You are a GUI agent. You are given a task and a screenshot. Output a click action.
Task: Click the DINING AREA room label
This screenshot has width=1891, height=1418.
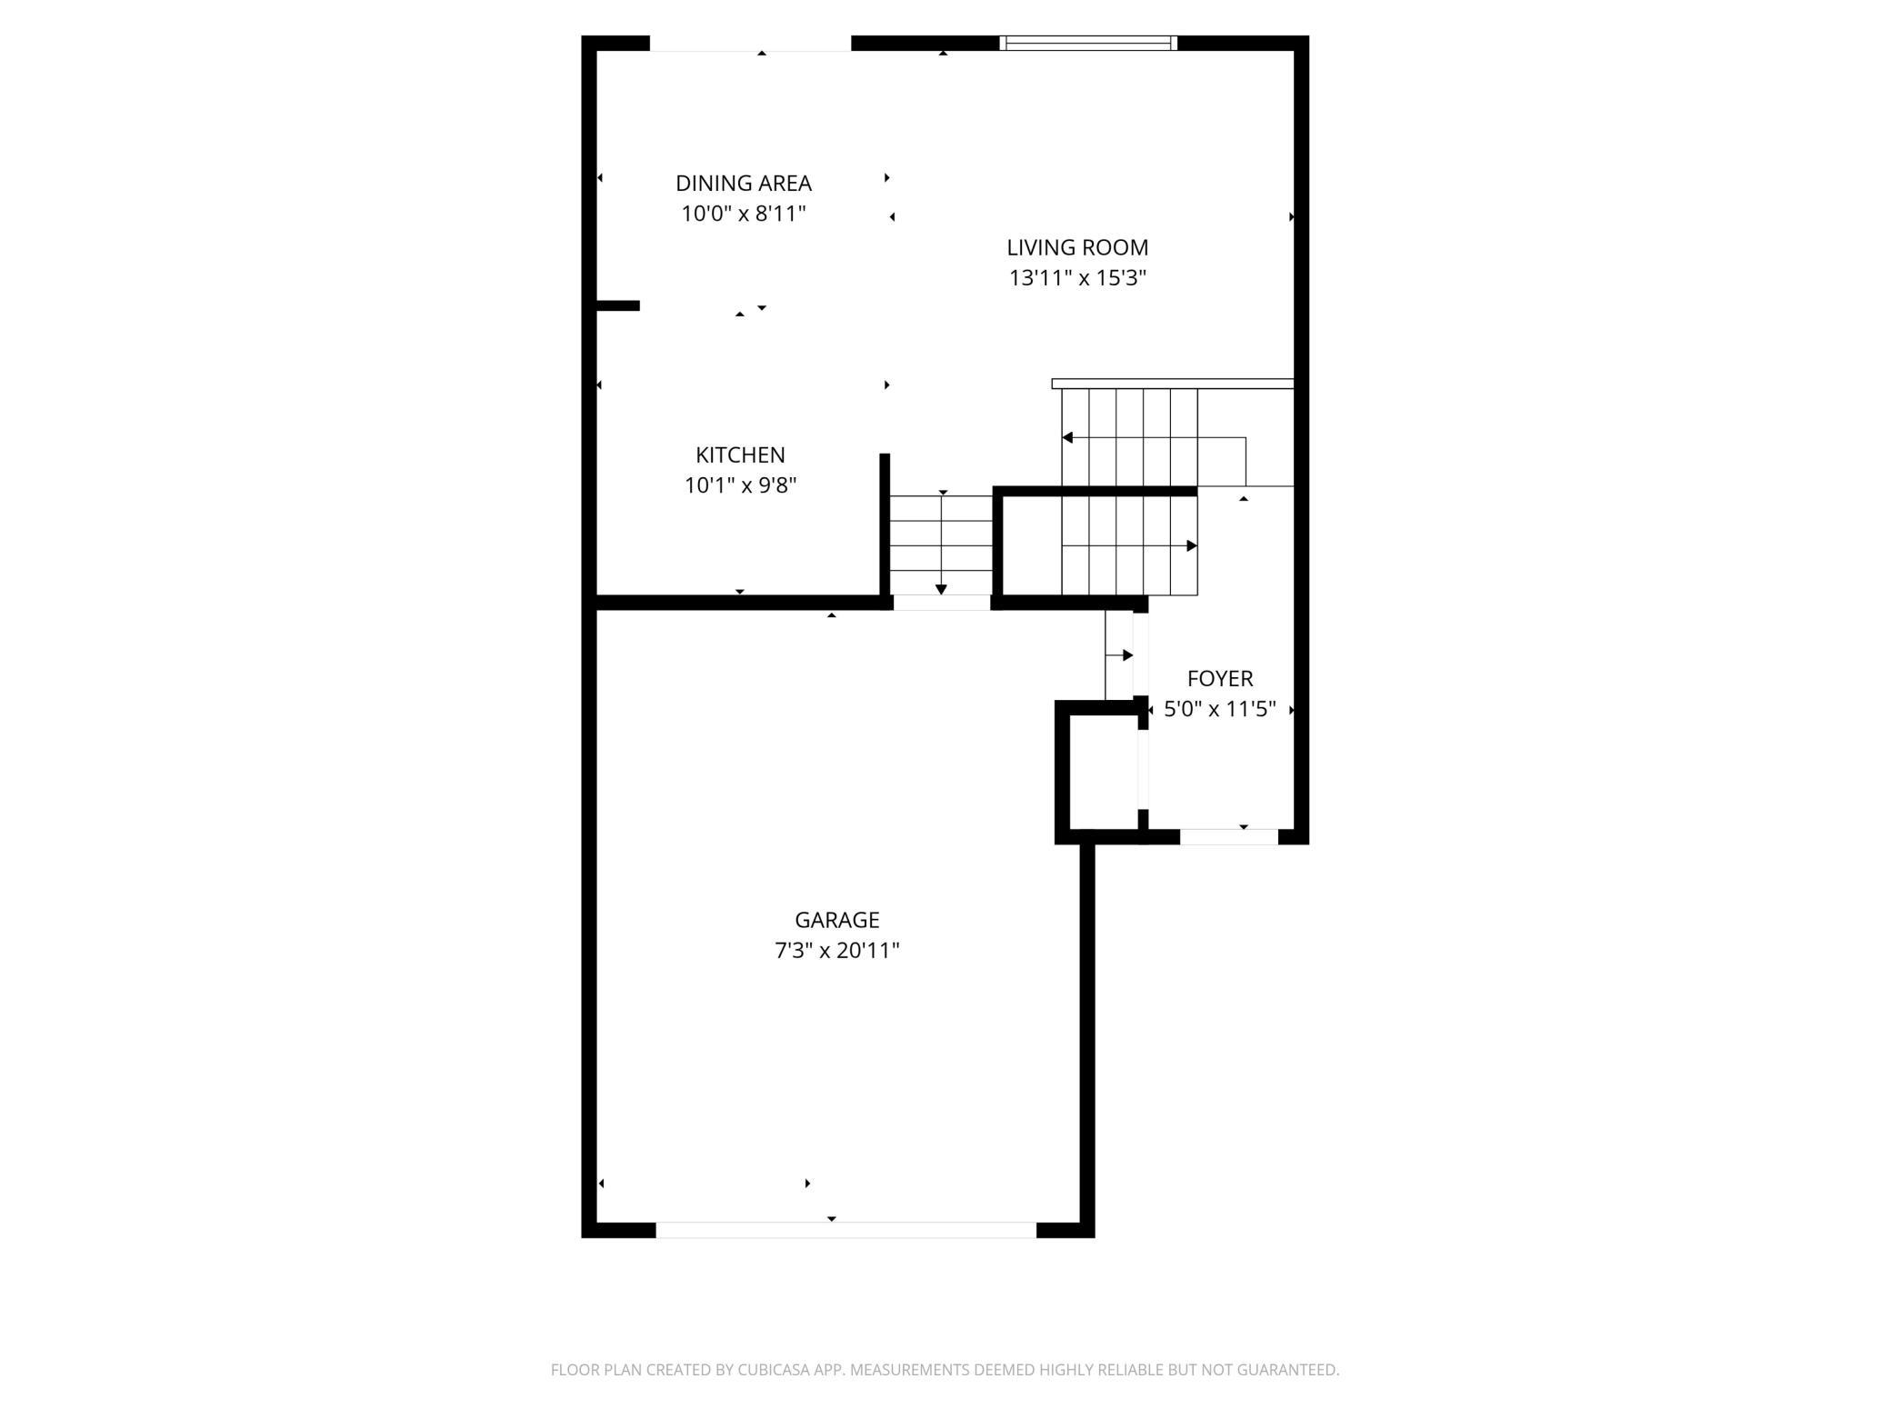click(743, 183)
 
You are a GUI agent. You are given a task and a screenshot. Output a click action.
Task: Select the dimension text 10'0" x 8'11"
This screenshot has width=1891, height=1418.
click(743, 214)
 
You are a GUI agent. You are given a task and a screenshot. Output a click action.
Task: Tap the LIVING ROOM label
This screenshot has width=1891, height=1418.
click(1076, 247)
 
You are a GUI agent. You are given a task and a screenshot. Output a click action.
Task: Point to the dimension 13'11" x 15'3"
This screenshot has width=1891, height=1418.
click(1076, 278)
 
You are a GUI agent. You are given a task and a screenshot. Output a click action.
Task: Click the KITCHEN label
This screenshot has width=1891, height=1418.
click(740, 454)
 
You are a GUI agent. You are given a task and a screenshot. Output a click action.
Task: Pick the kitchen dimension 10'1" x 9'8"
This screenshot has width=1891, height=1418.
click(740, 485)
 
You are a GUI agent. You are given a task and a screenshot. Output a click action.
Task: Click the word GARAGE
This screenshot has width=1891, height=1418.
click(836, 920)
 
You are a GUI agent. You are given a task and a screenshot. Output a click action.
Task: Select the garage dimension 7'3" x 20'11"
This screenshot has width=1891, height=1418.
click(836, 951)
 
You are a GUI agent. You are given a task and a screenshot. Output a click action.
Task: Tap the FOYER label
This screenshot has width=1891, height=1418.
click(1219, 678)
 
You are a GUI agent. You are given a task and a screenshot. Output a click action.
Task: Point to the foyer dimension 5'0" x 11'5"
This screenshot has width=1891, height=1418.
click(1219, 709)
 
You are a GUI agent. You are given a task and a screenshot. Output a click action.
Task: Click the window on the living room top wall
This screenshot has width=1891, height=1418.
click(1088, 43)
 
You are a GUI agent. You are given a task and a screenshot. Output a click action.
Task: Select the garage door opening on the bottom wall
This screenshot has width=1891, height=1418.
click(845, 1230)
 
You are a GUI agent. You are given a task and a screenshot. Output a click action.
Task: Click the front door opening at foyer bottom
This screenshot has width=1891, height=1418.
click(1228, 837)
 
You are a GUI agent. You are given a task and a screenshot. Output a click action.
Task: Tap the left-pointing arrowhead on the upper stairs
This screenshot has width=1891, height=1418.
click(1067, 438)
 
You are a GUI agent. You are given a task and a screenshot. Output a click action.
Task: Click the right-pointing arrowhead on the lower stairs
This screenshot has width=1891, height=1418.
click(1192, 546)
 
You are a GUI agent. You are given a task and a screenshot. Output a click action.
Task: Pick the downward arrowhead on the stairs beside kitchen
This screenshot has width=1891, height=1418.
click(941, 590)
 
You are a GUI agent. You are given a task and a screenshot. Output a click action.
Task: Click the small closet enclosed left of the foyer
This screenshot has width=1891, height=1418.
click(1103, 772)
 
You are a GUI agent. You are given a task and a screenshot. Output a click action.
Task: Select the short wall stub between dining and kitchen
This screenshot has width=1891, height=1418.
click(618, 306)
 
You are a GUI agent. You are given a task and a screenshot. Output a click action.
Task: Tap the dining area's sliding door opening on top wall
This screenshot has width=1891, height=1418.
click(750, 44)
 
